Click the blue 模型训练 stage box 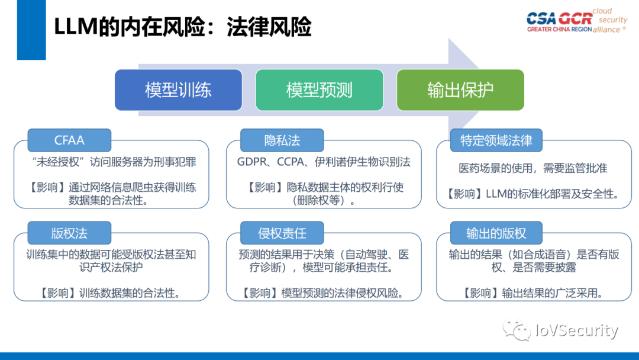coord(178,90)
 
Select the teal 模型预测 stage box coord(319,90)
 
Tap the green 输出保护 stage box coord(460,90)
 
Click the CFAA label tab coord(69,140)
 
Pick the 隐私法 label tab coord(282,140)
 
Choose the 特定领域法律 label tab coord(496,140)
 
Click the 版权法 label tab coord(69,233)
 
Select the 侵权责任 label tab coord(282,233)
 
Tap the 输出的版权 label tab coord(496,233)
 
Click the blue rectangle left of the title coord(31,30)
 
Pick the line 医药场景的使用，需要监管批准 coord(533,168)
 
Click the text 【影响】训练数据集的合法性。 coord(111,292)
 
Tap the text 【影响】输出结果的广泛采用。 coord(533,292)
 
